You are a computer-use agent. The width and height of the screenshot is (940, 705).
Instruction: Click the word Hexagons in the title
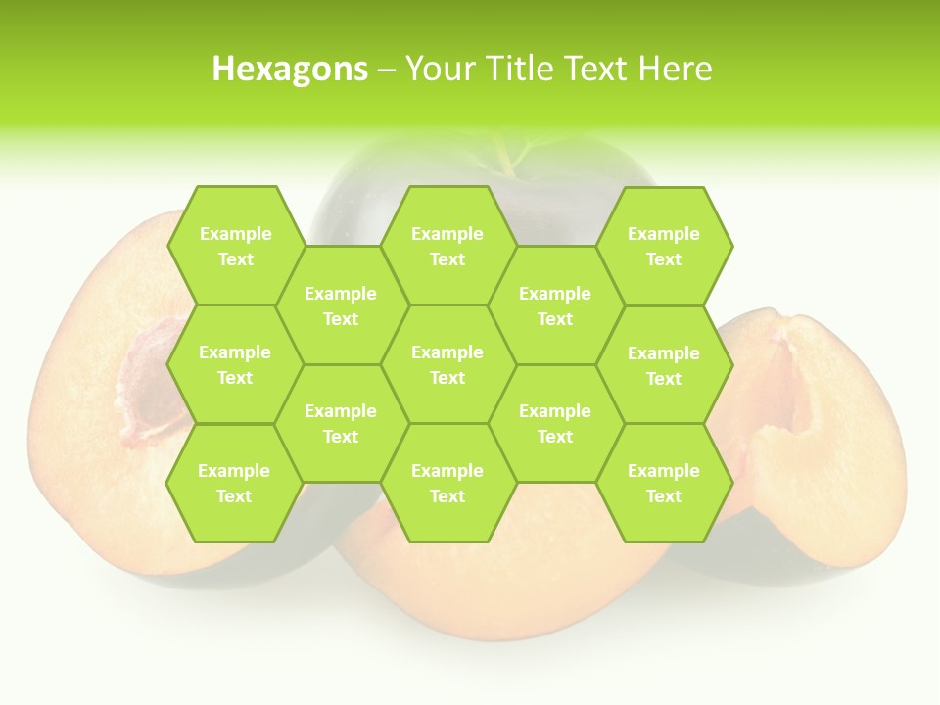pyautogui.click(x=290, y=69)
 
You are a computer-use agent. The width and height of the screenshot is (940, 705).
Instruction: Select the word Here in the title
pyautogui.click(x=675, y=69)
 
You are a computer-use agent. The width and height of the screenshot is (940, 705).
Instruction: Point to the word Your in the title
pyautogui.click(x=438, y=69)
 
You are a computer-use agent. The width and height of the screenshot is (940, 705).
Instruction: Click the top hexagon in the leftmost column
pyautogui.click(x=235, y=246)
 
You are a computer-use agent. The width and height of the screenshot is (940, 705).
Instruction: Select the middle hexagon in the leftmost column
pyautogui.click(x=235, y=364)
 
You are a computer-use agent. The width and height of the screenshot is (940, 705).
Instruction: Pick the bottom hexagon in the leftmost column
pyautogui.click(x=234, y=483)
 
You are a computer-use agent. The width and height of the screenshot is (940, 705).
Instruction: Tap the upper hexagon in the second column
pyautogui.click(x=341, y=305)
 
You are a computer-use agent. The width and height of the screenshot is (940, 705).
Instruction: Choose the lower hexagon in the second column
pyautogui.click(x=341, y=423)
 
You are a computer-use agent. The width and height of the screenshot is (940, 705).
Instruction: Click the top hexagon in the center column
pyautogui.click(x=447, y=246)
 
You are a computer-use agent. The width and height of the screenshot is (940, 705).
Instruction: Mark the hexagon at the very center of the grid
pyautogui.click(x=447, y=364)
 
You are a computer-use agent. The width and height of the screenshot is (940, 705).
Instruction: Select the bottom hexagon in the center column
pyautogui.click(x=447, y=483)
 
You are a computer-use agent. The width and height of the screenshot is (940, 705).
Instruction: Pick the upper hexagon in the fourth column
pyautogui.click(x=555, y=305)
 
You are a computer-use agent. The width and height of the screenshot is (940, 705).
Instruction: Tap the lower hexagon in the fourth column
pyautogui.click(x=555, y=423)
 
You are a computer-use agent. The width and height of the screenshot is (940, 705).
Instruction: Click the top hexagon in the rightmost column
pyautogui.click(x=664, y=246)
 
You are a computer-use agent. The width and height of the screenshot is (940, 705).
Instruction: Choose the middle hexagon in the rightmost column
pyautogui.click(x=664, y=365)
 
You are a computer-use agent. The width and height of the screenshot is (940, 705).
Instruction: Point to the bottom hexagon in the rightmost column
pyautogui.click(x=664, y=483)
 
